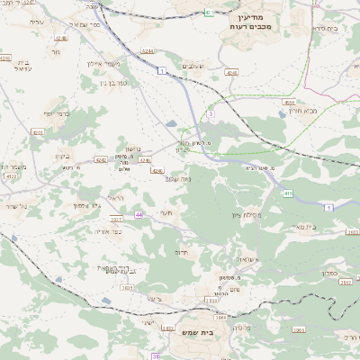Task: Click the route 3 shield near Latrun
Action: tap(210, 114)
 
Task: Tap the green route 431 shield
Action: tap(209, 13)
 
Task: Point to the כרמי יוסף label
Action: tap(57, 114)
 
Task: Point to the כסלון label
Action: tap(328, 270)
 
